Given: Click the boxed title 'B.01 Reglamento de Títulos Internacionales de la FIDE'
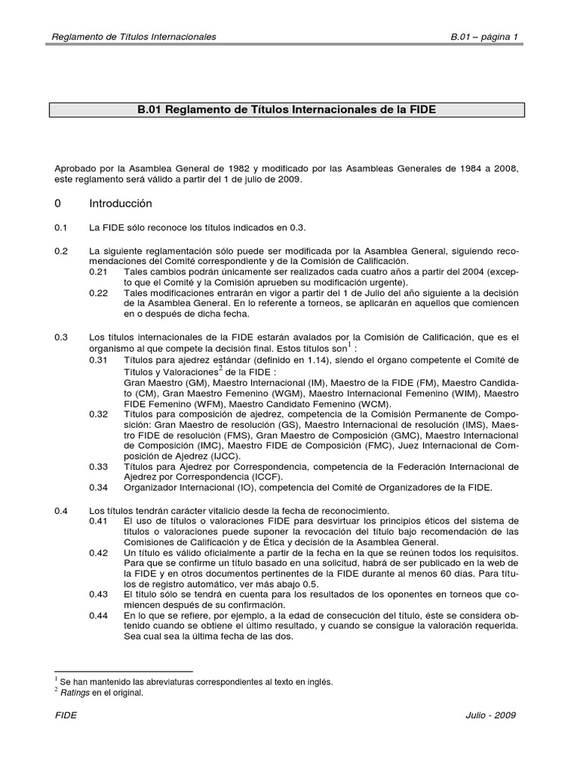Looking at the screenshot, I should point(287,110).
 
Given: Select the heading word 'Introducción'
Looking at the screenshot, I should point(120,203).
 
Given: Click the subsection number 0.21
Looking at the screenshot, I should point(99,272).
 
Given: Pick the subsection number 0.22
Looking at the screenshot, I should point(99,294).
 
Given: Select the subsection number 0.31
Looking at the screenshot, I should point(99,361).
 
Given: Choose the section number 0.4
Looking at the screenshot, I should point(61,510).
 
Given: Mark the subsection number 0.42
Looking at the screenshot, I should point(99,554).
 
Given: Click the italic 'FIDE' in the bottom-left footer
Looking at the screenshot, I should point(67,715).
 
